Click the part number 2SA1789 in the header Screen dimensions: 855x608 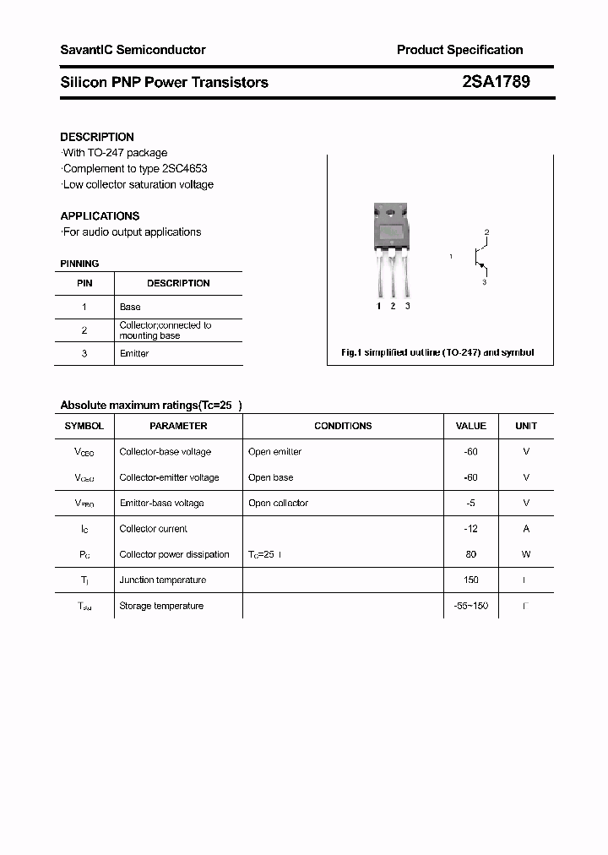click(497, 82)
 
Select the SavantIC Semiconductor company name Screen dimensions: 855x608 click(133, 50)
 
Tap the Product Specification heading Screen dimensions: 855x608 click(459, 50)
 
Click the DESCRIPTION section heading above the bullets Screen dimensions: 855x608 click(97, 137)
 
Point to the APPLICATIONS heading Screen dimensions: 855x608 click(100, 215)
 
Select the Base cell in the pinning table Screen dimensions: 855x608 click(130, 307)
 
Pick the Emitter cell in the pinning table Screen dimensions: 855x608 click(134, 353)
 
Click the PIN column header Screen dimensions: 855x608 click(84, 283)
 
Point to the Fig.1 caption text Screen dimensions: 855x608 click(437, 352)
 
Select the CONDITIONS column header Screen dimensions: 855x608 click(343, 426)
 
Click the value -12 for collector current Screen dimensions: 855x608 click(471, 529)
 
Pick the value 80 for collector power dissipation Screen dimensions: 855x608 click(471, 554)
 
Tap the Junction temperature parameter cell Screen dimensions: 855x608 click(162, 580)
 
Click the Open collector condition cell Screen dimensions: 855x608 click(278, 503)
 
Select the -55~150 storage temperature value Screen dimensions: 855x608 click(471, 606)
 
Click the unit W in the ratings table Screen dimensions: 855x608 click(526, 554)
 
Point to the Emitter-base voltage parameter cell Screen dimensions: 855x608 click(161, 503)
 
